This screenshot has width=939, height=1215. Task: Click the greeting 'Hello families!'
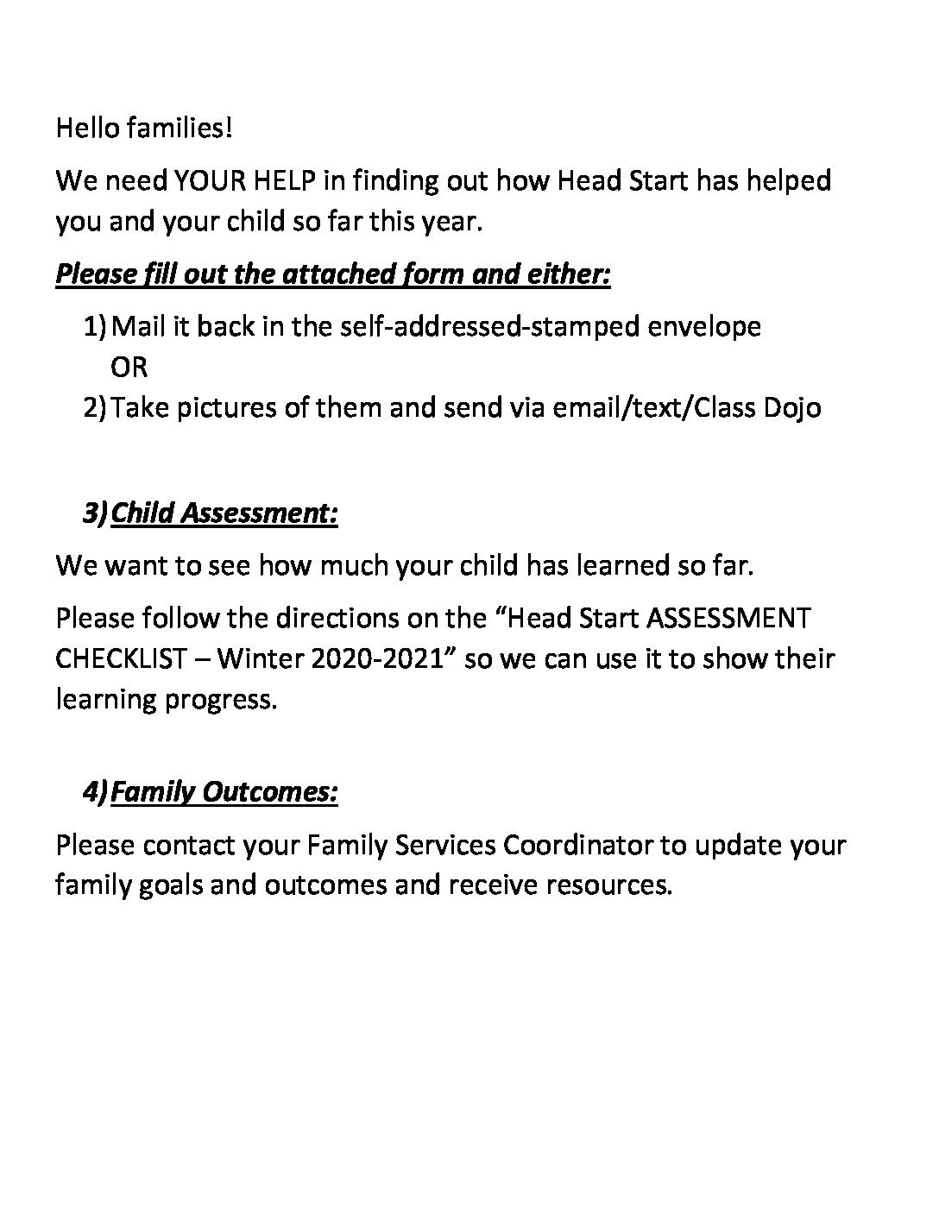pyautogui.click(x=144, y=129)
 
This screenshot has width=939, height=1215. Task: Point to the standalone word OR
pyautogui.click(x=129, y=367)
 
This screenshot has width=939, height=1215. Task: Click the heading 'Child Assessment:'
pyautogui.click(x=224, y=513)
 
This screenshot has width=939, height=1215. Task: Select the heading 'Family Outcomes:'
pyautogui.click(x=224, y=791)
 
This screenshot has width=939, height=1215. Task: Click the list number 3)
pyautogui.click(x=96, y=513)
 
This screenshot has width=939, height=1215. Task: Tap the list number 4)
pyautogui.click(x=96, y=791)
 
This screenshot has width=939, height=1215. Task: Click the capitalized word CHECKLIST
pyautogui.click(x=121, y=658)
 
